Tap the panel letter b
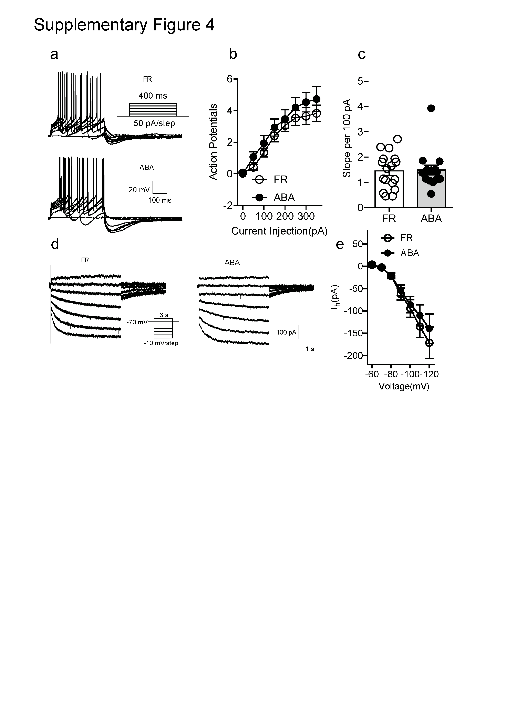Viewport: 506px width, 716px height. [x=233, y=54]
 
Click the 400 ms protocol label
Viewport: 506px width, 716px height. [x=153, y=96]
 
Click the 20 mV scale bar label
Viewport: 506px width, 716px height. [x=139, y=190]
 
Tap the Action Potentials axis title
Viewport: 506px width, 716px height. [x=213, y=142]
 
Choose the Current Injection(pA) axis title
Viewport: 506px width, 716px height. [x=279, y=231]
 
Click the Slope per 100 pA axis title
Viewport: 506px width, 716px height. [x=347, y=138]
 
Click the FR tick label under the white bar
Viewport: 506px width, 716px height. [x=389, y=219]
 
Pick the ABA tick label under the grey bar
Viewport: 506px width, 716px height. [x=431, y=219]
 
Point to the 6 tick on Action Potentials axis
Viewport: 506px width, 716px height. [x=230, y=79]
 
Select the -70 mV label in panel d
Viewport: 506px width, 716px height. [x=137, y=322]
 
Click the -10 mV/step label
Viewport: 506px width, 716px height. [x=161, y=343]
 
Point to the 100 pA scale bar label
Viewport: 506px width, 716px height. [x=286, y=332]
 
